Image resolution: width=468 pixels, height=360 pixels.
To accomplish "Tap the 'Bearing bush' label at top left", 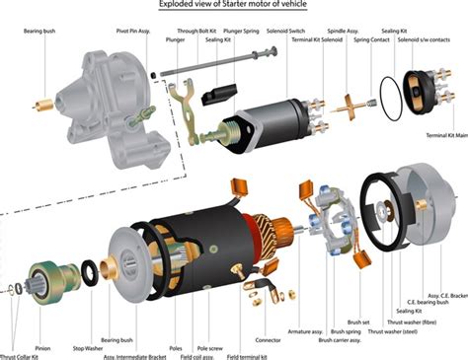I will [39, 32].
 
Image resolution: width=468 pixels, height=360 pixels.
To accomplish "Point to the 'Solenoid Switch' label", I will [284, 32].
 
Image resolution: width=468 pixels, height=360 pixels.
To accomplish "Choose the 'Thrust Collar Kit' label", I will [22, 354].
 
